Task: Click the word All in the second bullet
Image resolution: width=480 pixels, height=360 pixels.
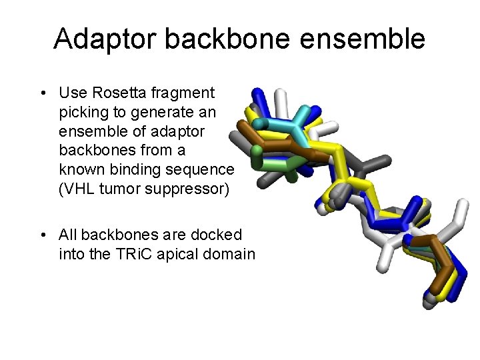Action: pos(69,235)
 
